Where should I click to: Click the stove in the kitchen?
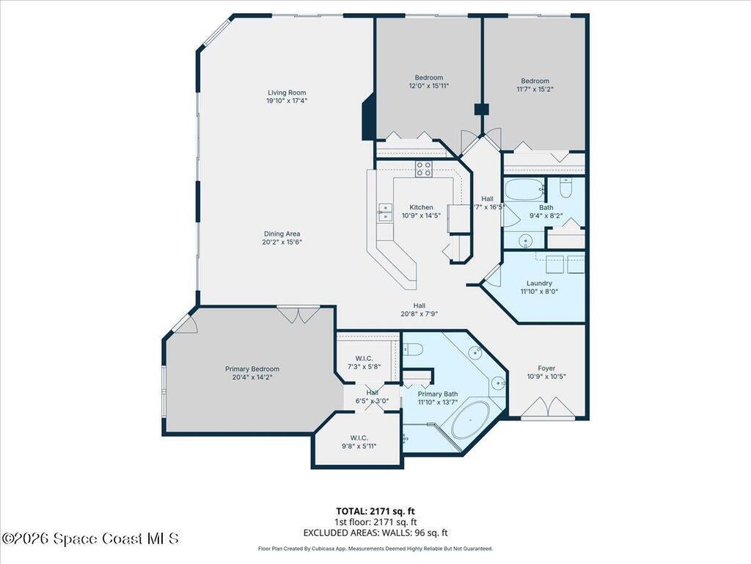point(424,169)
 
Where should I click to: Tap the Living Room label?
point(286,93)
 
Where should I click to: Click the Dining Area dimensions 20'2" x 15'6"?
point(282,242)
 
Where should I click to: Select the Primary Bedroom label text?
point(252,369)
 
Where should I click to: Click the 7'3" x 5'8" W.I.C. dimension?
point(364,366)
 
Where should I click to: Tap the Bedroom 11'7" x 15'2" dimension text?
point(535,90)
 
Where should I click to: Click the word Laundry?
point(539,283)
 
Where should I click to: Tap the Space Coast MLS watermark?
point(89,539)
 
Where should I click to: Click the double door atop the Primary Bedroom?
point(298,314)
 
